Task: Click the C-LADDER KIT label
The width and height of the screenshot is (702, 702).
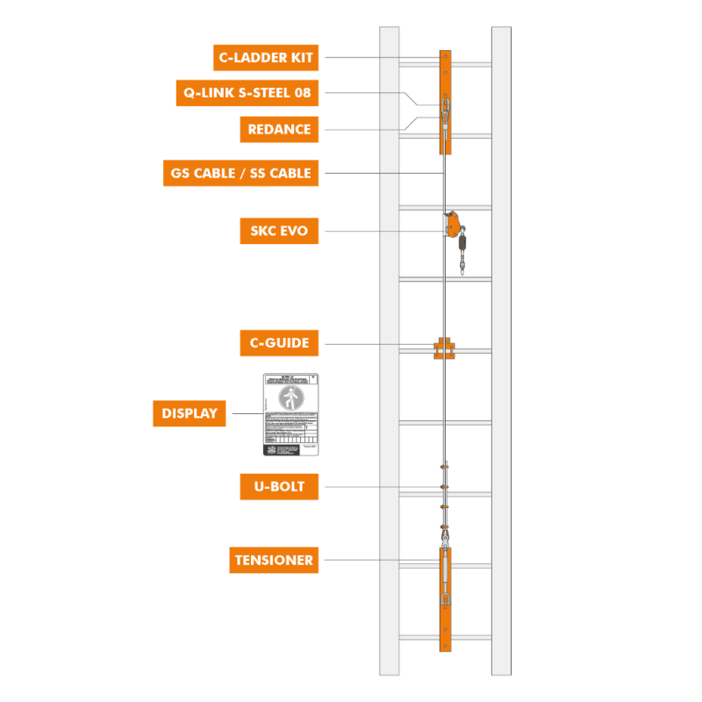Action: (x=265, y=58)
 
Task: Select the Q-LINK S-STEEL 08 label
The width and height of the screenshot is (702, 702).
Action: (x=247, y=91)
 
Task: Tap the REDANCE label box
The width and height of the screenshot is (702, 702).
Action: (x=279, y=129)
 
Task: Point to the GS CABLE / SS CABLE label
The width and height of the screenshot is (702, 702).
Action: (x=240, y=173)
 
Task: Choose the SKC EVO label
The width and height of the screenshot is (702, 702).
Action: (x=279, y=233)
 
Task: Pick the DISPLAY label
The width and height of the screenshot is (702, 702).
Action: (x=190, y=413)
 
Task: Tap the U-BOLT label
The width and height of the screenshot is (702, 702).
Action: (x=279, y=486)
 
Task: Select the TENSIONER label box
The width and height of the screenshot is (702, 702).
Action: (x=274, y=560)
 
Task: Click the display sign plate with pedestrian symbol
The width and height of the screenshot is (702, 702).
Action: (x=290, y=414)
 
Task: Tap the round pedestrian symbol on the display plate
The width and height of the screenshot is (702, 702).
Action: (x=290, y=398)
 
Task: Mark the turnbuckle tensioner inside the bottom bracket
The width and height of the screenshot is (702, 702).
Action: (x=446, y=575)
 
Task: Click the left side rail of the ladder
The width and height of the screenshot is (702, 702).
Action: (x=389, y=351)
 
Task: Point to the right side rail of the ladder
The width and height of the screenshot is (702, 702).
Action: (x=501, y=351)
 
